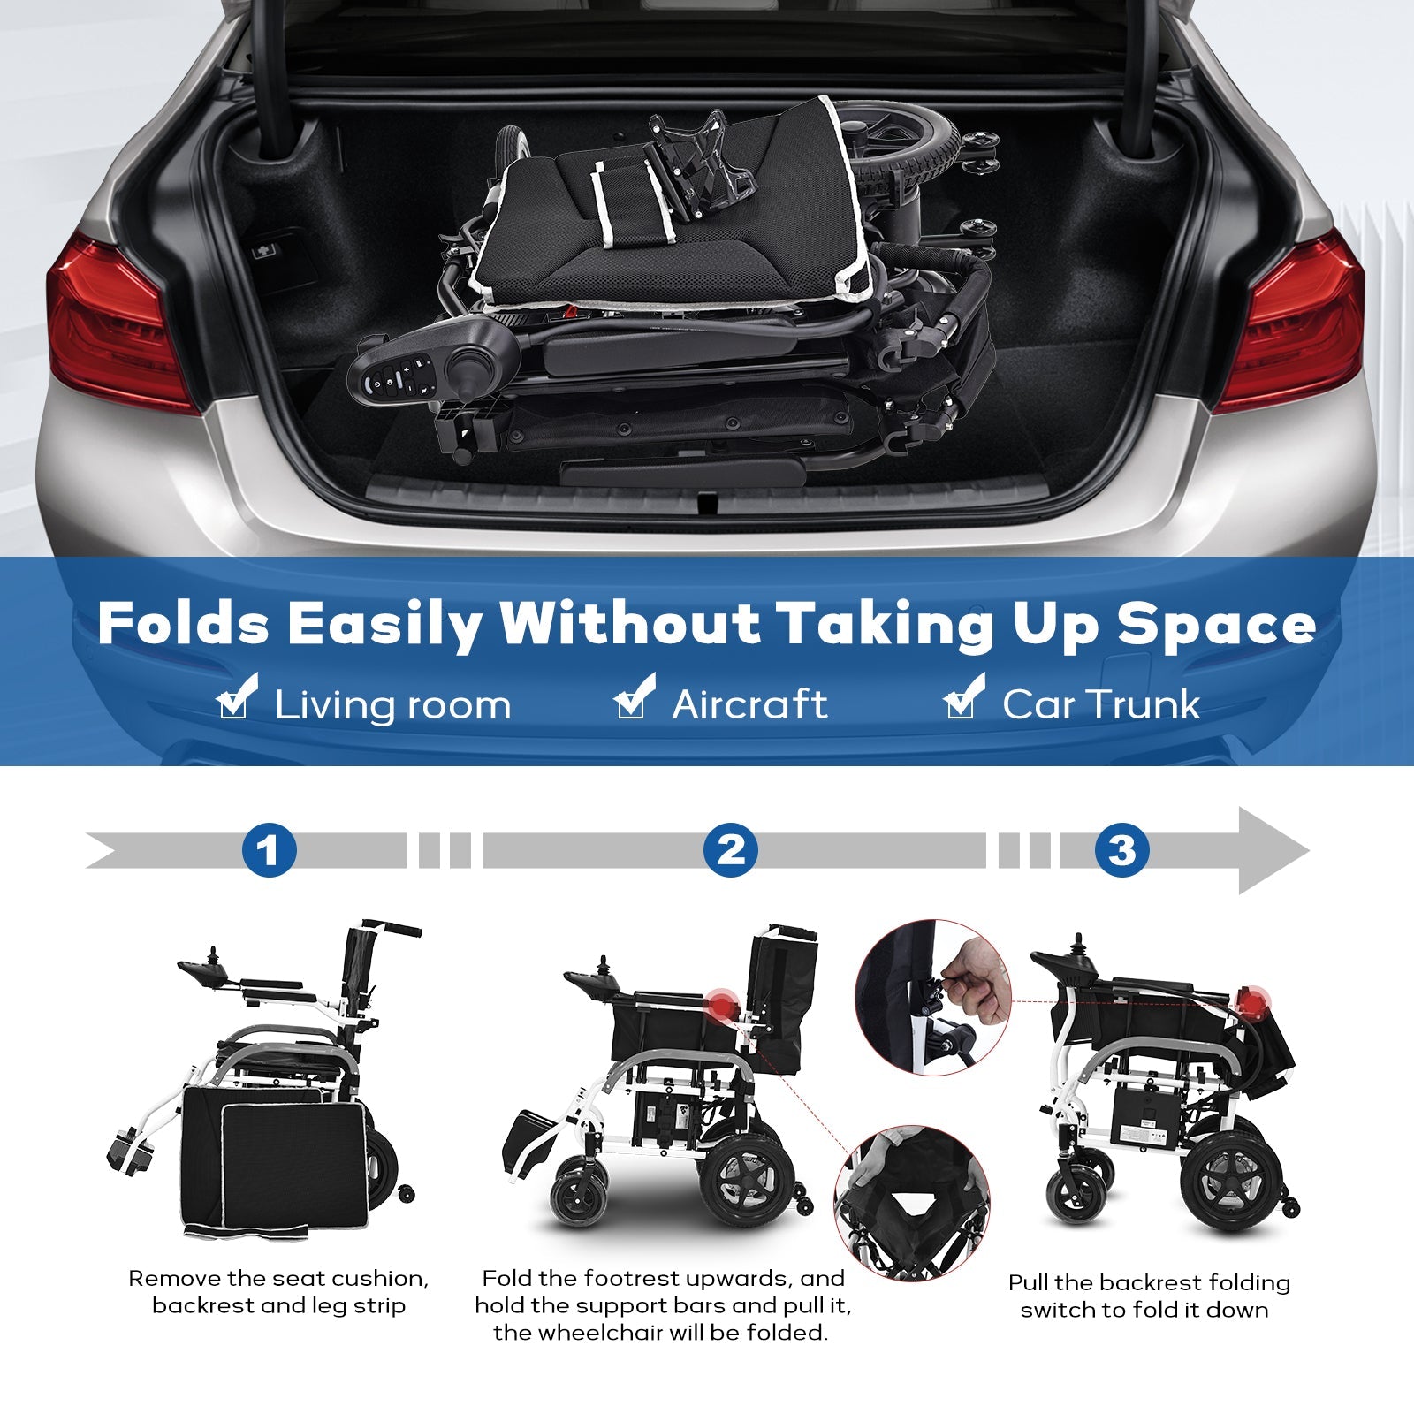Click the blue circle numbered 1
click(x=269, y=850)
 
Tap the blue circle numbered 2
click(x=731, y=850)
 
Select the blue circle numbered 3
click(x=1121, y=850)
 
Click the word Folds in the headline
click(x=183, y=624)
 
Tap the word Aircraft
click(x=749, y=704)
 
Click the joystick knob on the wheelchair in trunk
click(x=465, y=364)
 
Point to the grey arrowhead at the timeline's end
click(x=1273, y=850)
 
